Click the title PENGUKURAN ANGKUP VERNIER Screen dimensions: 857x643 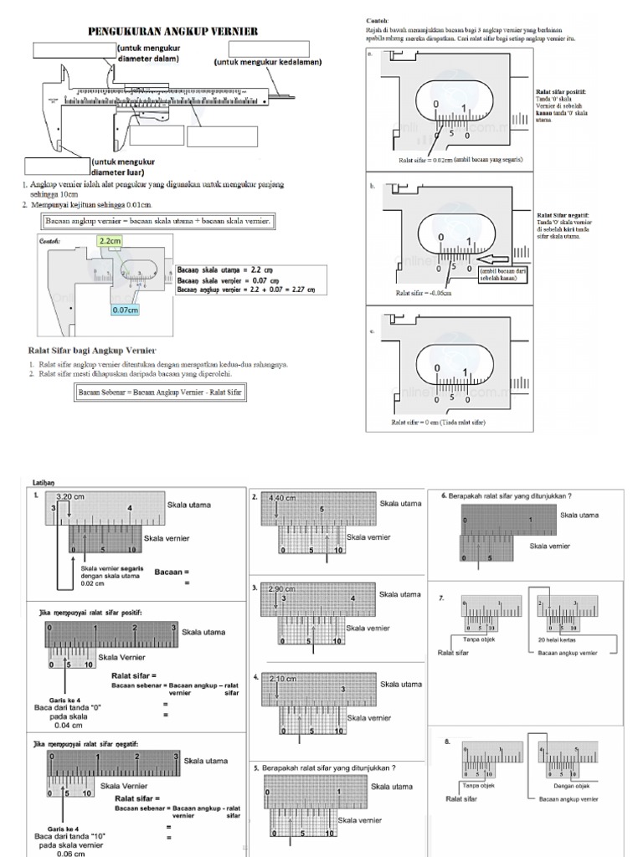tap(173, 32)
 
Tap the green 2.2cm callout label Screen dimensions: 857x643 tap(109, 241)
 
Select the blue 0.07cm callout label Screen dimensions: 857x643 tap(126, 310)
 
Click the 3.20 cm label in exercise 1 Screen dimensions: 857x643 tap(71, 495)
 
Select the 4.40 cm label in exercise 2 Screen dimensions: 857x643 tap(283, 498)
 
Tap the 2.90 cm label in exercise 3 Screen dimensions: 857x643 tap(283, 589)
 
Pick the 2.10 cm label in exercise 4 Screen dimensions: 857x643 tap(283, 679)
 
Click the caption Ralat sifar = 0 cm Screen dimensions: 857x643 tap(438, 422)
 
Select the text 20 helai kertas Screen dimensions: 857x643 tap(557, 639)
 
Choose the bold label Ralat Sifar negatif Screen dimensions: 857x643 tap(563, 215)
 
